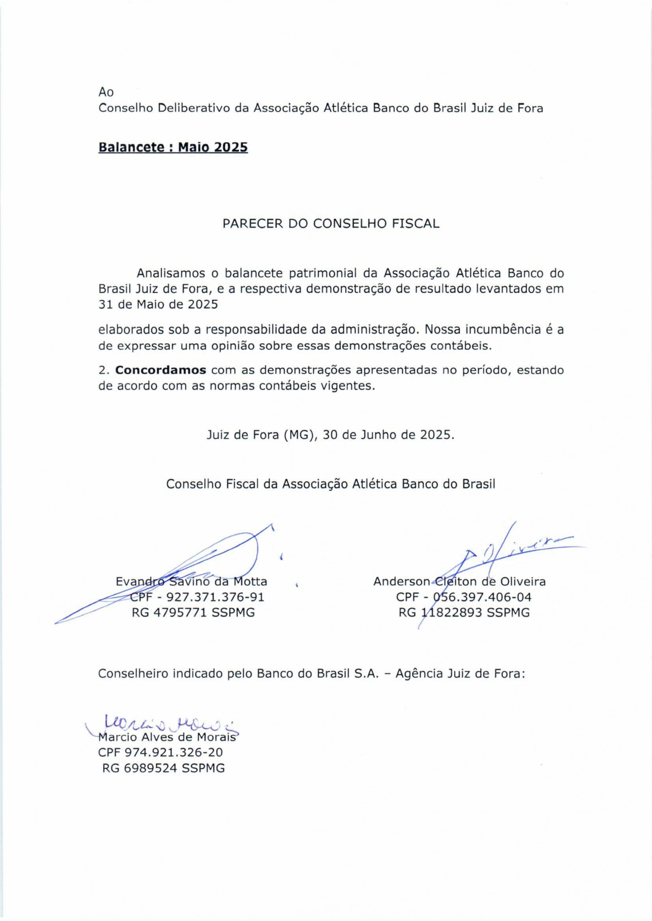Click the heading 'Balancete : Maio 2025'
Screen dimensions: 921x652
click(x=173, y=148)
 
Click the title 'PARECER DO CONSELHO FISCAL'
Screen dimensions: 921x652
click(x=331, y=224)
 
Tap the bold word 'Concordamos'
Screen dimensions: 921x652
click(x=161, y=370)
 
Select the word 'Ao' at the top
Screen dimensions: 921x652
click(x=106, y=92)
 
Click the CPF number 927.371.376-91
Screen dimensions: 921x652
click(x=215, y=597)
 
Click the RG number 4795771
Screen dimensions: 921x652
click(x=179, y=613)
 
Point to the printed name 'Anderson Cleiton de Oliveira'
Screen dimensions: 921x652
click(x=459, y=581)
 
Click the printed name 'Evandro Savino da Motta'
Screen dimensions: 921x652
click(x=192, y=581)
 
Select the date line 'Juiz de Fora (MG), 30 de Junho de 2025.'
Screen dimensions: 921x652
click(x=331, y=435)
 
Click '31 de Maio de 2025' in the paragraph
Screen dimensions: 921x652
click(x=158, y=304)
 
